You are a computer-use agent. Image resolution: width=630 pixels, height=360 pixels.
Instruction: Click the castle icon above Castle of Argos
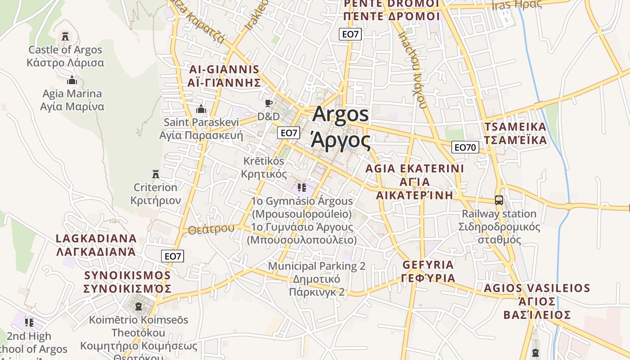point(66,36)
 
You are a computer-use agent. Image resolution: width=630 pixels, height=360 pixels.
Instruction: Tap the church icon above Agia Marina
point(72,81)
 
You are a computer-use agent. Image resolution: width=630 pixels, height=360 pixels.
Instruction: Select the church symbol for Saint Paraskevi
point(201,109)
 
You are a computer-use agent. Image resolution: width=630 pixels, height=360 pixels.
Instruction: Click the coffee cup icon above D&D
point(269,103)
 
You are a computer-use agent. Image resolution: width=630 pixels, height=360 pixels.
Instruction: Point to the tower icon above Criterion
point(156,174)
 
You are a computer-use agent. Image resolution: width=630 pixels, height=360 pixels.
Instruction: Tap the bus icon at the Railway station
point(499,200)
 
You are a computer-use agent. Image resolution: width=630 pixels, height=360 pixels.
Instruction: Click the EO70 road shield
point(465,147)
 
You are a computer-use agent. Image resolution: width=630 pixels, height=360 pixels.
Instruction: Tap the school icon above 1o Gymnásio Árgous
point(301,187)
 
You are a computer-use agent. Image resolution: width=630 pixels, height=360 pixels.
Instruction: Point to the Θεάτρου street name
point(211,229)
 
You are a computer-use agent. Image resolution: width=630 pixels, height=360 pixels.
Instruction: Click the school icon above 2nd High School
point(29,322)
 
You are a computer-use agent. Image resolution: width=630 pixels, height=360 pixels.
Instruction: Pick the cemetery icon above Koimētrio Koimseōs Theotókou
point(139,306)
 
